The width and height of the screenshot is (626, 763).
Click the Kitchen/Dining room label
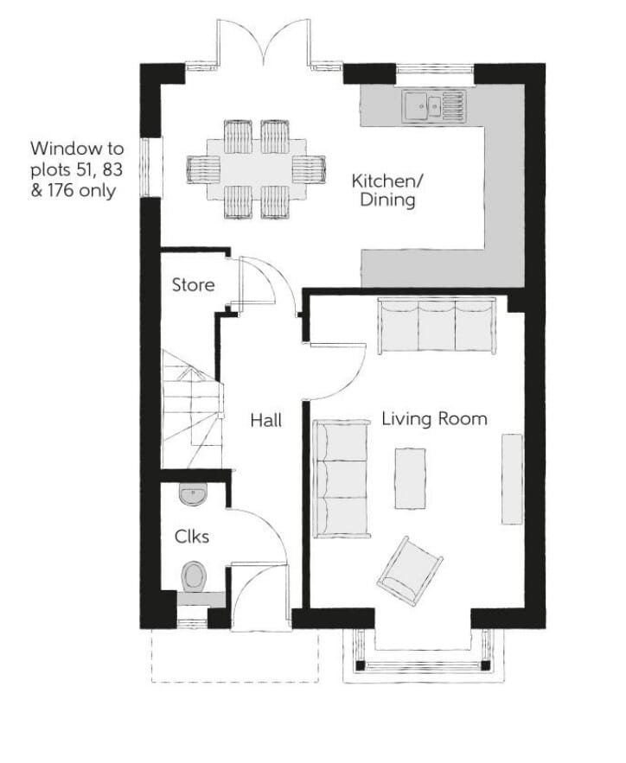387,190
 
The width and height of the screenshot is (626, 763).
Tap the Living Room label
434,419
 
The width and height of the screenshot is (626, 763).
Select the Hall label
265,420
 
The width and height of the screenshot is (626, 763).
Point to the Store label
194,284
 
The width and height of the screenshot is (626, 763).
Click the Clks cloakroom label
192,537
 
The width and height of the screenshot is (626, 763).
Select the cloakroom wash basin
194,493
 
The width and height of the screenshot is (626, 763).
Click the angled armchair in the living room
410,571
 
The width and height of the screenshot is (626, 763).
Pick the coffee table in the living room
411,479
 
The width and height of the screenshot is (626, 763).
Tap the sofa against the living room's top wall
437,325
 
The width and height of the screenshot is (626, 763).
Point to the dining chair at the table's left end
203,168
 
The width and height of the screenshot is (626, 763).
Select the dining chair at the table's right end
309,168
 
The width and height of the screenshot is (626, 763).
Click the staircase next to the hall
192,409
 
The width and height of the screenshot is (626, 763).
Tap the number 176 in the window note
61,190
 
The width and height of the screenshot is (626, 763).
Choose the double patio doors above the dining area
264,45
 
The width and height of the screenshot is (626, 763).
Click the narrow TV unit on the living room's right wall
512,480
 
